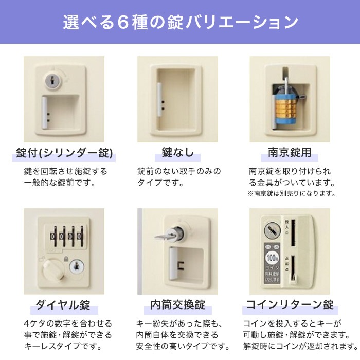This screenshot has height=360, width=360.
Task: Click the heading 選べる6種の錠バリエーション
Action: [x=180, y=23]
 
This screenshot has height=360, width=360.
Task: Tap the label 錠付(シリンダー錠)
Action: [x=64, y=152]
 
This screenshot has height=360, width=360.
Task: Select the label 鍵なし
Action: [x=177, y=152]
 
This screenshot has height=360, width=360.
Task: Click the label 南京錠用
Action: [x=290, y=152]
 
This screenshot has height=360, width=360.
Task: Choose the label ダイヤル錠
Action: [x=63, y=304]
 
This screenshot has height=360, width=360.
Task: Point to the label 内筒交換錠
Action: [x=177, y=304]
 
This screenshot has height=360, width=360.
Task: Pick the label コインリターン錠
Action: [x=290, y=304]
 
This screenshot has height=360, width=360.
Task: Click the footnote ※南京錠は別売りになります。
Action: [x=291, y=193]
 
